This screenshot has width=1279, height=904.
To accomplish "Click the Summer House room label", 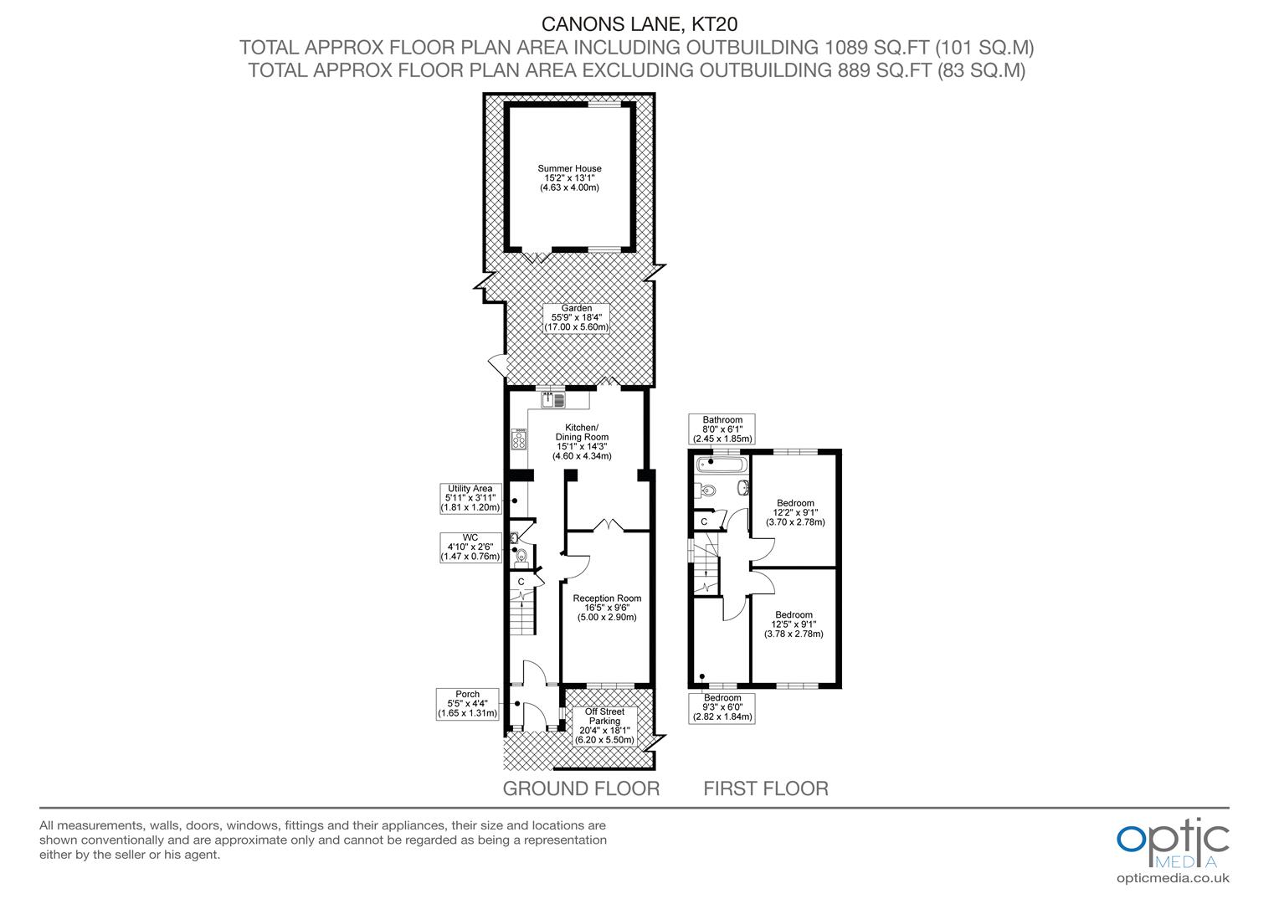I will coord(569,178).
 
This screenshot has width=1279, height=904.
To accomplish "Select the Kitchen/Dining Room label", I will coord(582,442).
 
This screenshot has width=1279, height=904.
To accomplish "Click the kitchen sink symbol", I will coord(553,400).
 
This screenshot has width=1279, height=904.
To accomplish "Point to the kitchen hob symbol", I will coord(519,439).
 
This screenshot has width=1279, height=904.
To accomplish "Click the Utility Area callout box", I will coord(470,498).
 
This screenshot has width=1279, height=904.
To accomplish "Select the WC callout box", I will coord(470,547).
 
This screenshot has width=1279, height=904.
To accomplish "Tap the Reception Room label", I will coord(607,608).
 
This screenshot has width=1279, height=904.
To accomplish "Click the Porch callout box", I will coord(468,704).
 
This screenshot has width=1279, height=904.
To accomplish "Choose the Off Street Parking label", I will coord(604,726).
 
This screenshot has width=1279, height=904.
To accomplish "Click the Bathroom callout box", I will coord(722,429).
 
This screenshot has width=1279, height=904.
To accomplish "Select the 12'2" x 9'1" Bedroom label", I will coord(795,512).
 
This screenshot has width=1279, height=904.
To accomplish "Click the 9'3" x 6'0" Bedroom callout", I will coord(722,707).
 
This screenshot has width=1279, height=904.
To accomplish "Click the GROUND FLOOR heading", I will coord(581,788).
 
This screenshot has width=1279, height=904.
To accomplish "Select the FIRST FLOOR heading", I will coord(766,788).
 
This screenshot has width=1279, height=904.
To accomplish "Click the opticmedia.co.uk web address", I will coord(1173,878).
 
